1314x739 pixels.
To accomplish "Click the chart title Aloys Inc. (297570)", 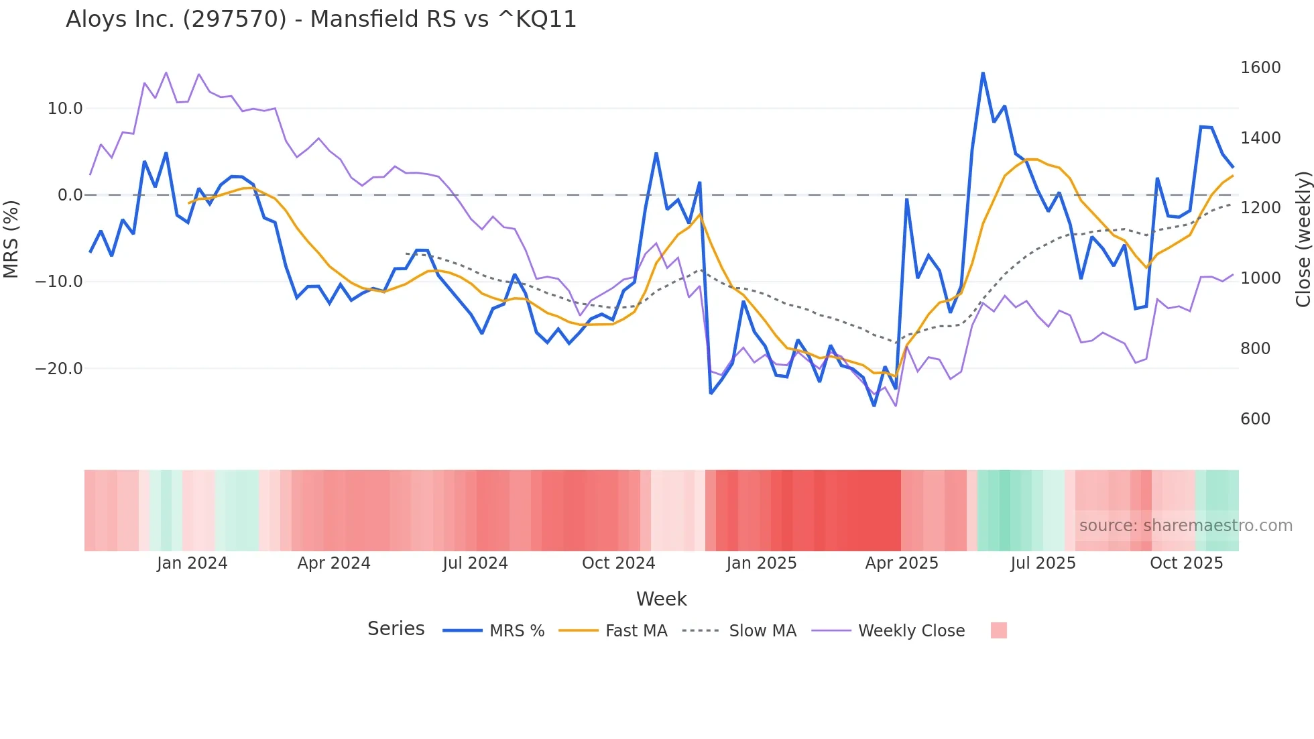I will [321, 19].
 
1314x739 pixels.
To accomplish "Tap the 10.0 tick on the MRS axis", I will [65, 109].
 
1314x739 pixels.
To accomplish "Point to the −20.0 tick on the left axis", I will [59, 369].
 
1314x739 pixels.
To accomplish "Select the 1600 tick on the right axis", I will [1260, 68].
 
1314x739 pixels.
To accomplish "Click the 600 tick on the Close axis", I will [1255, 419].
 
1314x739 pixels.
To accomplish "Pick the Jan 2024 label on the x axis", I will [192, 563].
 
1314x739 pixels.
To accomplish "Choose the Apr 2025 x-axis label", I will [902, 563].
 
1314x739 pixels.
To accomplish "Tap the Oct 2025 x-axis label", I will [1187, 563].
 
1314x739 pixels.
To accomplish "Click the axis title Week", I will [661, 599].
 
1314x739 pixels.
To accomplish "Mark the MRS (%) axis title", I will [11, 239].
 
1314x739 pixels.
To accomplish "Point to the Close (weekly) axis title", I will [1303, 239].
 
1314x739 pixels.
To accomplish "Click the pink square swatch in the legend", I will [998, 630].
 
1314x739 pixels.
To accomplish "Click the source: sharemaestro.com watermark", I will [1185, 526].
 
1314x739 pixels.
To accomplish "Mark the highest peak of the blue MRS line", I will [983, 73].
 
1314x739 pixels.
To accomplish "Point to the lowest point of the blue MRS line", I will [874, 406].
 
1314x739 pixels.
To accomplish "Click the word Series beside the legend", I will [396, 629].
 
